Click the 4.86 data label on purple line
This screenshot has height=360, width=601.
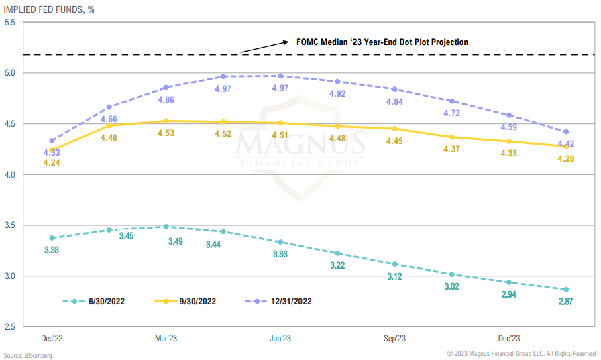(x=166, y=99)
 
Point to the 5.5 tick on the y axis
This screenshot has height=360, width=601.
(x=10, y=23)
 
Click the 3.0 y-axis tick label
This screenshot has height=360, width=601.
(x=10, y=276)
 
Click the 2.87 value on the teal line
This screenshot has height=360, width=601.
(x=565, y=301)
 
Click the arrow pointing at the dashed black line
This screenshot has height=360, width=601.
(x=262, y=46)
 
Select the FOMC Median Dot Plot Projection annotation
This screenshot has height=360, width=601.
(x=382, y=42)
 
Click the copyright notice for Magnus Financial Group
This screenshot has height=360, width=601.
(x=521, y=353)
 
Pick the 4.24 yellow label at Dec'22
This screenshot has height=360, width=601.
(x=52, y=162)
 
